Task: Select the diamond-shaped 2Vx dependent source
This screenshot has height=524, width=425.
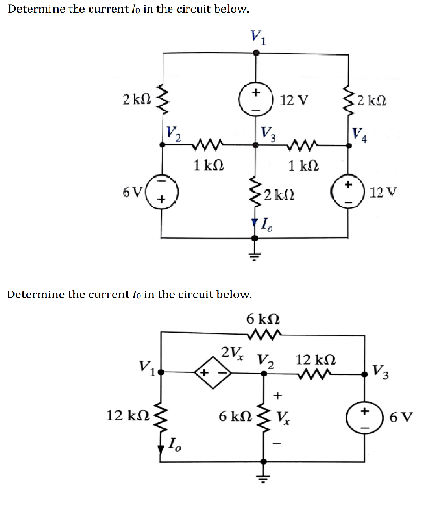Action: [213, 372]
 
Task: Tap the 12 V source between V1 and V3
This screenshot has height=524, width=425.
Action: [256, 100]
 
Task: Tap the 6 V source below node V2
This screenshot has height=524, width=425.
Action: [162, 192]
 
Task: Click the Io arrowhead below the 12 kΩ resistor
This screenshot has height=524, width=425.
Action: [161, 450]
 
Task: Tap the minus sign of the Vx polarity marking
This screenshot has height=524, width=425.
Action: [277, 444]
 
